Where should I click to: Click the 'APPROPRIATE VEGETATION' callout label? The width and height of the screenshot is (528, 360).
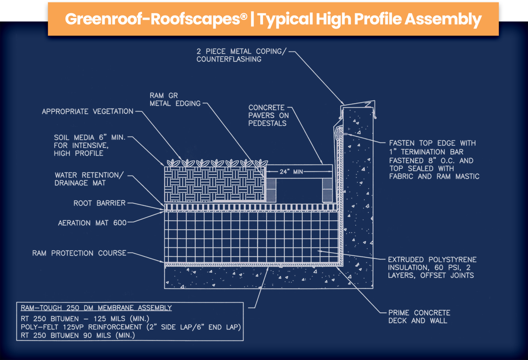pos(87,112)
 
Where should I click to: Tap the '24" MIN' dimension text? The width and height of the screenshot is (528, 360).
pos(291,171)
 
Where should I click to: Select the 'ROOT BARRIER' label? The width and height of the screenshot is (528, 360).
pos(99,203)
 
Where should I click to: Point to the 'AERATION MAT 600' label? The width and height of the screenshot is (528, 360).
pos(92,223)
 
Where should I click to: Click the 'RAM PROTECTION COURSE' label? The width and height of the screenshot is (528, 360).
pos(79,254)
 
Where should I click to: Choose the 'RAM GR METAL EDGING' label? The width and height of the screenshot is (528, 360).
pos(175,100)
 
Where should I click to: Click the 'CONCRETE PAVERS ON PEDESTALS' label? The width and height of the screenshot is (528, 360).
pos(268,115)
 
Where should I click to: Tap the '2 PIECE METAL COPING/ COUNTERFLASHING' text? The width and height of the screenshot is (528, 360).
pos(241,55)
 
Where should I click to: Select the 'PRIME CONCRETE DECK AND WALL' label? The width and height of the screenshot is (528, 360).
pos(419,317)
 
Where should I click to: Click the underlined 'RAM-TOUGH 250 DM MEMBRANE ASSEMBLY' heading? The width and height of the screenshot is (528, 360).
pos(96,308)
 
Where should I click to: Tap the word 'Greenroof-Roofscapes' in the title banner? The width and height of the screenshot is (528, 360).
pos(156,19)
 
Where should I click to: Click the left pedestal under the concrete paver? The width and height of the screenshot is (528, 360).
pos(271,190)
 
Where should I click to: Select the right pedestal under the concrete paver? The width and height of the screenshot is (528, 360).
pos(327,190)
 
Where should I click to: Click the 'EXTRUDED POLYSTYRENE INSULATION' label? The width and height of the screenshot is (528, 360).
pos(432,268)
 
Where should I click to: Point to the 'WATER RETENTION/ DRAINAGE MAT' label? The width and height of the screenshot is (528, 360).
pos(89,179)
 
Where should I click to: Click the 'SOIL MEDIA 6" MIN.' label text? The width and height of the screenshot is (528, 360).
pos(89,138)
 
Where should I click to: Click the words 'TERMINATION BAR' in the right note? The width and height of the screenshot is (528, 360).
pos(432,152)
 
